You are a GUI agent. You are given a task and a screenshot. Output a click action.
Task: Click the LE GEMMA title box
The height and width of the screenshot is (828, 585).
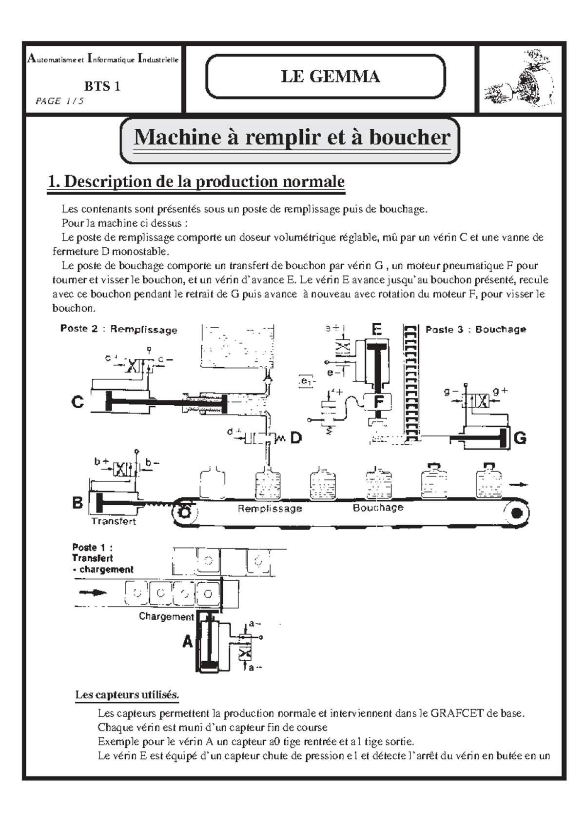point(325,77)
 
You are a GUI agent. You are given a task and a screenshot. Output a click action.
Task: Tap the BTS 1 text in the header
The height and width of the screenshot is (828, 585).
point(102,86)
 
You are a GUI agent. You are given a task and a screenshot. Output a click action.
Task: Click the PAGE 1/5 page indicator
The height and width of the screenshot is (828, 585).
point(59,101)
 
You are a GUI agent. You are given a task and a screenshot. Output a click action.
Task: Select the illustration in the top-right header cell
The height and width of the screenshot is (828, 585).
point(520,78)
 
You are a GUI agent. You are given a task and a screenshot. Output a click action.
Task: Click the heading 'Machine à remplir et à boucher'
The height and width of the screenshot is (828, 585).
point(291,138)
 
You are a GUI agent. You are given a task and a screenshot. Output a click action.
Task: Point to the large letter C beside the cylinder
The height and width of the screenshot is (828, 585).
point(78,403)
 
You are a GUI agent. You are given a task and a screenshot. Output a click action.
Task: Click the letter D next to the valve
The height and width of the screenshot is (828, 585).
point(296,438)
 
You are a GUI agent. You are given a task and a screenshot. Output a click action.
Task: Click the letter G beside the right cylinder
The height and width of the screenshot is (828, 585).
point(520,438)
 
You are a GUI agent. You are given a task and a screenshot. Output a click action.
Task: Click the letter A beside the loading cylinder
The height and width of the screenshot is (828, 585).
point(188,642)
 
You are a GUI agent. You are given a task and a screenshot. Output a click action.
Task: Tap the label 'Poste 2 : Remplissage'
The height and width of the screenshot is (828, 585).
point(118,329)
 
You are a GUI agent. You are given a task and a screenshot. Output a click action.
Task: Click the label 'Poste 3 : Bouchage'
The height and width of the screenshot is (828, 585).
point(476,329)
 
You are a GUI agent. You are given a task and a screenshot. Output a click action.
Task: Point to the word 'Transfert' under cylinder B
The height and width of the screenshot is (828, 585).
point(114,521)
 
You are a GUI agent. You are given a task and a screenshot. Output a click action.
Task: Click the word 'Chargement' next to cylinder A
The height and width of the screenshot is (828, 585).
point(166,616)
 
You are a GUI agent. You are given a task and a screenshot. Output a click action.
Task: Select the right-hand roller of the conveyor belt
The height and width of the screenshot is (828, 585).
point(516,513)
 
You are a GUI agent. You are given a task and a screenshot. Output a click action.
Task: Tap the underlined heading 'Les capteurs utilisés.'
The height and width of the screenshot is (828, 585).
point(127,694)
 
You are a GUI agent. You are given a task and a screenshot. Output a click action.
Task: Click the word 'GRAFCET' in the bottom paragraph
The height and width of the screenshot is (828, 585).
point(457,713)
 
